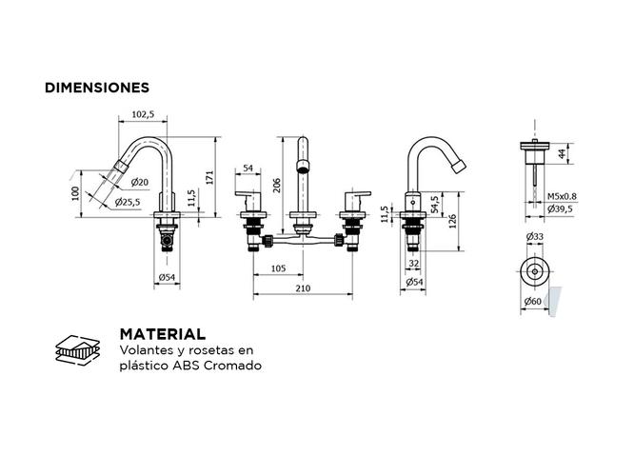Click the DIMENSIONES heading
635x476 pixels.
[97, 88]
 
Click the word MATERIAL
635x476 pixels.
[163, 334]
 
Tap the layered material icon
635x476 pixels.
[77, 349]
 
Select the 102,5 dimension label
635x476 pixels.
[143, 114]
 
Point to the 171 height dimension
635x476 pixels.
[209, 177]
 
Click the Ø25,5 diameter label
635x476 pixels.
[128, 201]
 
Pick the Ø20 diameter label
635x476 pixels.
[139, 182]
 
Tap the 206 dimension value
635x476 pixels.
[277, 185]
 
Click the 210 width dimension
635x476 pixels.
[303, 288]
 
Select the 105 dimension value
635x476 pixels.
[278, 268]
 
